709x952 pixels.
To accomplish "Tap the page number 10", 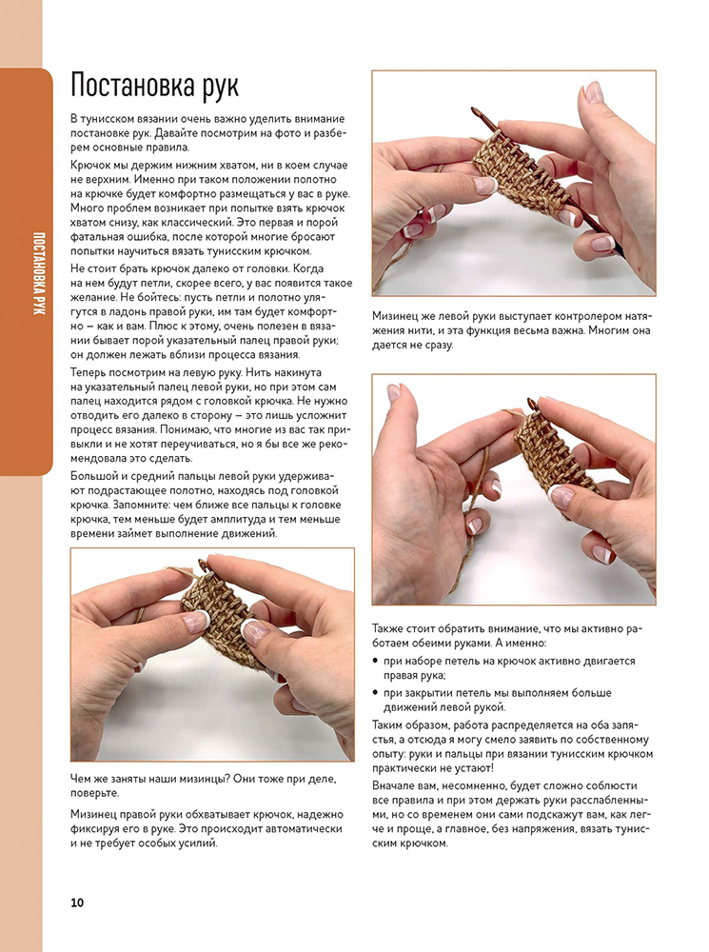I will click(x=78, y=902).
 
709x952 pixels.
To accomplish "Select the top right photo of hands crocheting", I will click(x=513, y=183).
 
